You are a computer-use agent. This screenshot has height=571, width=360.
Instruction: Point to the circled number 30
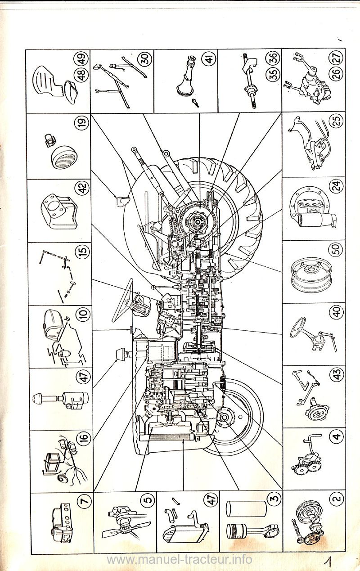point(145,58)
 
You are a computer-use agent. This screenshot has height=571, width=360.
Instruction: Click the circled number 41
point(209,58)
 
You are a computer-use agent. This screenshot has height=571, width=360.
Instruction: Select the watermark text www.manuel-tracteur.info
point(180,560)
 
